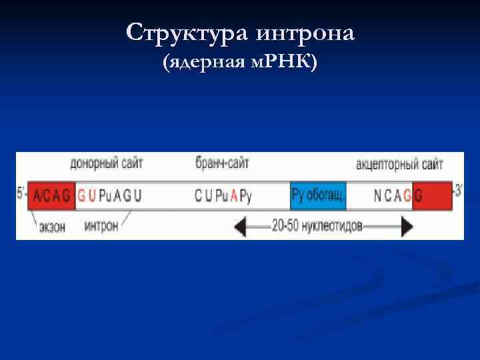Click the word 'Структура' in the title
[x=181, y=33]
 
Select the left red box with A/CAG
[x=51, y=196]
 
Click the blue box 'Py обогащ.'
[x=318, y=196]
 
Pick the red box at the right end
[x=432, y=196]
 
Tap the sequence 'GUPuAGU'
[x=110, y=196]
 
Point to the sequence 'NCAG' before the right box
[x=392, y=196]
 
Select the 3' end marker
[x=458, y=192]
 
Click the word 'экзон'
[x=53, y=227]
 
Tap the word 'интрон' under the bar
[x=101, y=226]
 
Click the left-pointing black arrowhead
[x=241, y=226]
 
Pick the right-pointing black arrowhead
[x=406, y=226]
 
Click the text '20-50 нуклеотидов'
[x=317, y=226]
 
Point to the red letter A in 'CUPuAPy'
[x=233, y=196]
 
